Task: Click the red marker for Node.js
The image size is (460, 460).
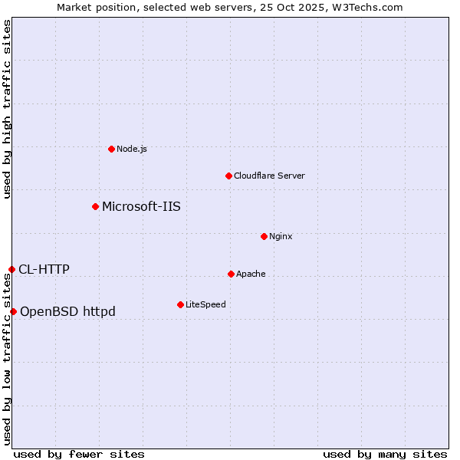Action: pos(111,149)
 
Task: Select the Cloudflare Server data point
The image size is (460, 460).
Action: pos(228,176)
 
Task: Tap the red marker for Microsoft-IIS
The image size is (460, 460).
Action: pos(95,206)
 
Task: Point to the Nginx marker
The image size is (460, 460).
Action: pos(264,236)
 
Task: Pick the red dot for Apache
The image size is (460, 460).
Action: pos(231,274)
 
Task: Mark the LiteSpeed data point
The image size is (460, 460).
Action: pos(180,304)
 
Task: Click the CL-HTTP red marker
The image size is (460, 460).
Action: pos(11,269)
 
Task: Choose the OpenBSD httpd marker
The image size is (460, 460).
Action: pos(13,311)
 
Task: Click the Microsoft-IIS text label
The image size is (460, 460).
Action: pos(141,206)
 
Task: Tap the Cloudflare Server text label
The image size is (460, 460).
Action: pos(269,176)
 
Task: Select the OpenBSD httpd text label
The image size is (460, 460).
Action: pos(67,311)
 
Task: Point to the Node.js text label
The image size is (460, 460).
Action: pos(132,149)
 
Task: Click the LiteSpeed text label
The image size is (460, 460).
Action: pos(205,304)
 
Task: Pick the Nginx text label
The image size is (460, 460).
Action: pos(281,236)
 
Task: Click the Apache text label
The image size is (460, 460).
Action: pos(251,274)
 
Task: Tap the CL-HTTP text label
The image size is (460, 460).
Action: pos(44,269)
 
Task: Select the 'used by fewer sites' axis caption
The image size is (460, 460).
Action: pos(79,454)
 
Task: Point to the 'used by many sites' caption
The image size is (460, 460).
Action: pos(385,454)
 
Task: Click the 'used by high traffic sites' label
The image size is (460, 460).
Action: pos(7,110)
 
